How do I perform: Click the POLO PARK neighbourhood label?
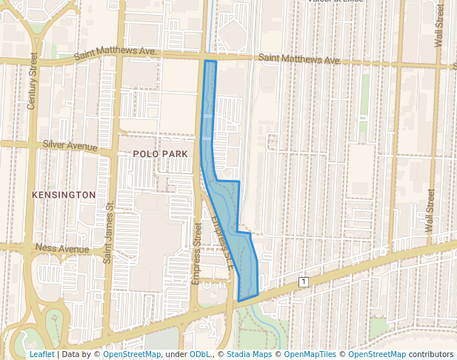(x=156, y=153)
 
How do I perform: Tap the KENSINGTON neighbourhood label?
(x=64, y=195)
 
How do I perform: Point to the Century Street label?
(x=32, y=81)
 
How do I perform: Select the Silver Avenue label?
(x=70, y=145)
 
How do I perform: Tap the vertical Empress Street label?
(x=197, y=252)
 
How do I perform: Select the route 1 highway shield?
(x=303, y=281)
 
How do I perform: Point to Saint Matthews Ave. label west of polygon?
(x=116, y=54)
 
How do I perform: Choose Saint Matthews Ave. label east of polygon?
(x=299, y=59)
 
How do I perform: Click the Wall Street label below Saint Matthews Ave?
(x=429, y=215)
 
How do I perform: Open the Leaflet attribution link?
(x=41, y=355)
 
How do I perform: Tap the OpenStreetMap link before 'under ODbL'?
(x=132, y=355)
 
